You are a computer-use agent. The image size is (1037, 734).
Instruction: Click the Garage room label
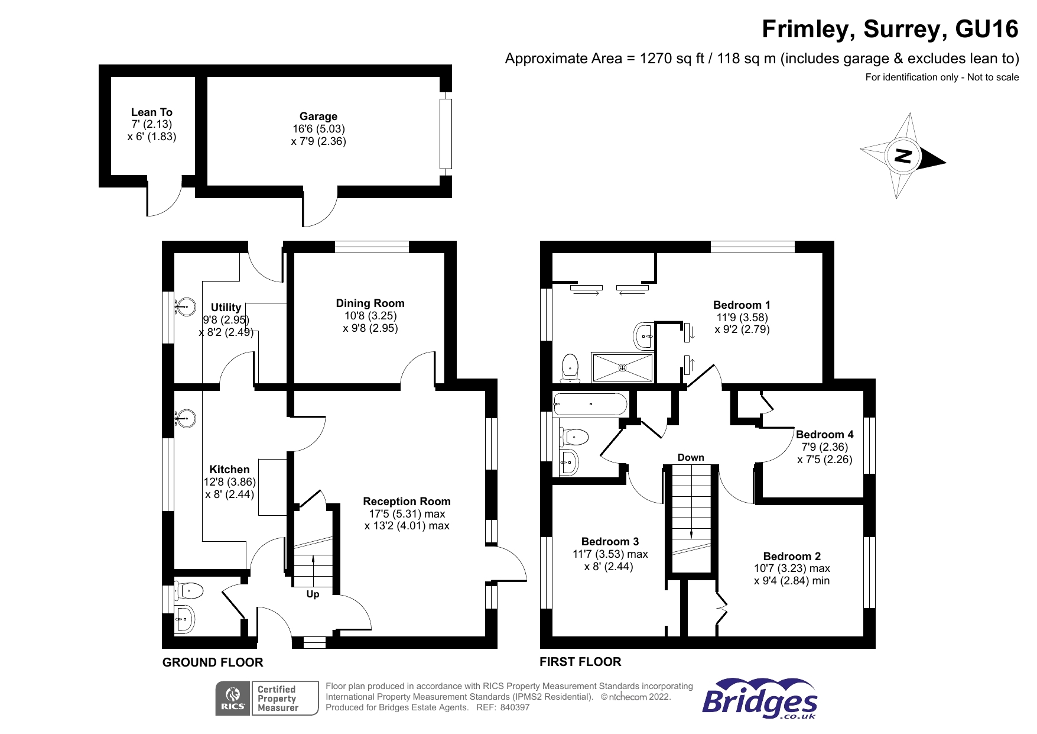pos(318,117)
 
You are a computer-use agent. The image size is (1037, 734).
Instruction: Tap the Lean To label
pos(151,112)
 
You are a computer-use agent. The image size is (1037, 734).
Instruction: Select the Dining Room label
pos(370,303)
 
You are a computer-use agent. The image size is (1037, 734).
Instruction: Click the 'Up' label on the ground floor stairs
pos(313,594)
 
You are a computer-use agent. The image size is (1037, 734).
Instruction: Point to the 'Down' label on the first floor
pos(691,457)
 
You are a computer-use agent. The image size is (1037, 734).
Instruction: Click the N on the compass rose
pos(902,156)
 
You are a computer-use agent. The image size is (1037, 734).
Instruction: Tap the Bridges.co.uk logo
pos(760,699)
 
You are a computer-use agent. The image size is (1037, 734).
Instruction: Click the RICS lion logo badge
pos(233,699)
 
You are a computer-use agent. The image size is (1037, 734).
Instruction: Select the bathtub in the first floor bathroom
pos(590,405)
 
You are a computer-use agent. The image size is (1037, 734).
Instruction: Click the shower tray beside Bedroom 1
pos(622,368)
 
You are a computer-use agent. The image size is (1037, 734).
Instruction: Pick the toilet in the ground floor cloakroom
pos(190,590)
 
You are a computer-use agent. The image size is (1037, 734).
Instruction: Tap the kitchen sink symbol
pos(186,419)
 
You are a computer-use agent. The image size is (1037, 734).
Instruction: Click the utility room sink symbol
pos(186,307)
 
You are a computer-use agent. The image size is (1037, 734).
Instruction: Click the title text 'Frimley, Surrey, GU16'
pos(890,29)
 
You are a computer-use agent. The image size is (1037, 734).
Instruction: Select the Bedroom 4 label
pos(824,435)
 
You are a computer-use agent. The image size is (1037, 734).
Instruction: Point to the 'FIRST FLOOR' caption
pos(580,662)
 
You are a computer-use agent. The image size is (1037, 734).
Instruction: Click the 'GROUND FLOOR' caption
pos(213,662)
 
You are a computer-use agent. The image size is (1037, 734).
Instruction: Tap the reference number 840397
pos(515,707)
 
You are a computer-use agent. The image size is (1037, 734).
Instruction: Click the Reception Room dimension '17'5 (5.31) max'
pos(407,514)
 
